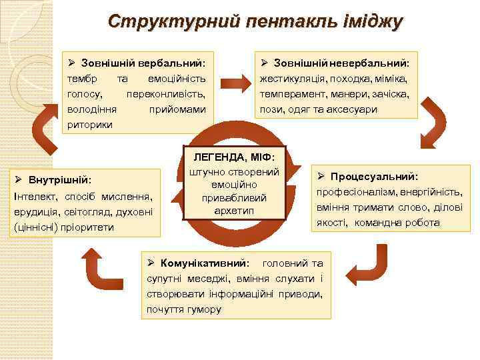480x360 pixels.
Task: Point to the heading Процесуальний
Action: pos(373,177)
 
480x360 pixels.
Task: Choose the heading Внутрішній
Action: pos(57,180)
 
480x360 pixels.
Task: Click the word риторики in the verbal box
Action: pos(90,124)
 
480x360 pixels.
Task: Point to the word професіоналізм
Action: pos(354,192)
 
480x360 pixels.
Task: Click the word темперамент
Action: pos(291,94)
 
